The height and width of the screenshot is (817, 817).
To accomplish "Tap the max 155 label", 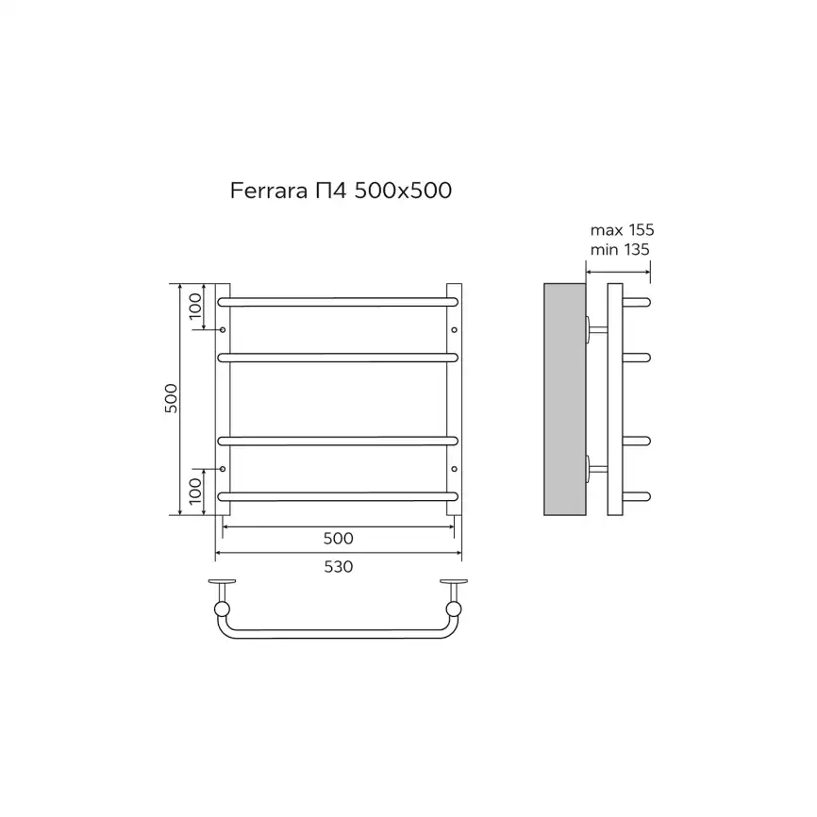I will click(622, 230).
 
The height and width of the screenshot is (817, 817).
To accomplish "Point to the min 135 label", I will click(620, 249).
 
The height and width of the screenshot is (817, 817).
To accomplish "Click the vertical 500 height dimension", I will click(171, 400).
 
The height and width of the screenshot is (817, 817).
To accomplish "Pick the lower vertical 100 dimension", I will click(195, 492).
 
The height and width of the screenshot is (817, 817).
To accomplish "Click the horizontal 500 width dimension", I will click(338, 539).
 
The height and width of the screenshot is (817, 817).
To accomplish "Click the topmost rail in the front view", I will click(338, 302).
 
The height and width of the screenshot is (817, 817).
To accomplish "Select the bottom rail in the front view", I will click(338, 494).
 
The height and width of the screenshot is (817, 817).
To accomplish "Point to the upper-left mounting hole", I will click(223, 330).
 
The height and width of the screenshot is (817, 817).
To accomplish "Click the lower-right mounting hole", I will click(454, 469).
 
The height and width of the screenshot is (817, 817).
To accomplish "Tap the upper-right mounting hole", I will click(454, 330).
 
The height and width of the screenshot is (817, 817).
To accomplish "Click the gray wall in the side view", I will click(565, 399).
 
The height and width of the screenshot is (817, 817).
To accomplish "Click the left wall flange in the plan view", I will click(223, 582).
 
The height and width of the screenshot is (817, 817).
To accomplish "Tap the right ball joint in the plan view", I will click(454, 609).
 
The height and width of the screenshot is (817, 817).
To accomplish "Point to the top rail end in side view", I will click(640, 302).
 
